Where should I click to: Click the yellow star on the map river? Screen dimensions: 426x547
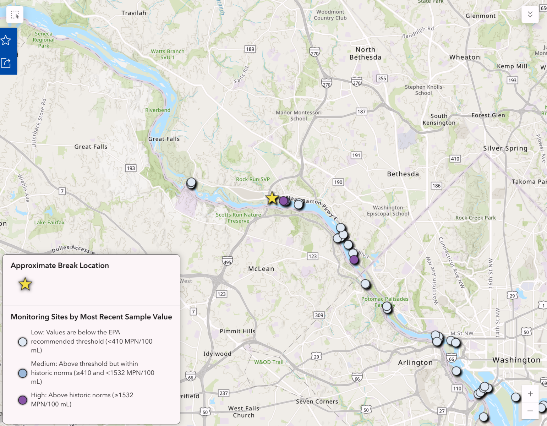pyautogui.click(x=272, y=198)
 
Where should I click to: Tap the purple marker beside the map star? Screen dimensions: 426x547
pyautogui.click(x=283, y=201)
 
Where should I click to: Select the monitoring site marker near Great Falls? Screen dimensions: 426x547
pyautogui.click(x=191, y=183)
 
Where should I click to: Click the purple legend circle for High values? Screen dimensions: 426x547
pyautogui.click(x=23, y=400)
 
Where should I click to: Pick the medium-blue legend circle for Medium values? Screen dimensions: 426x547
pyautogui.click(x=23, y=373)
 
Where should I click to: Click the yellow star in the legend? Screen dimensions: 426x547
pyautogui.click(x=25, y=284)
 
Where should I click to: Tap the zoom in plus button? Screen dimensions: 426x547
pyautogui.click(x=530, y=394)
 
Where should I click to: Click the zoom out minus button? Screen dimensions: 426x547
pyautogui.click(x=530, y=411)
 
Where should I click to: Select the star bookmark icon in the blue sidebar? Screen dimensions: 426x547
pyautogui.click(x=6, y=40)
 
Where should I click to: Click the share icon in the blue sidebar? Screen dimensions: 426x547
pyautogui.click(x=6, y=63)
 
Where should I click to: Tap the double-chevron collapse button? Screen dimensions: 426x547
pyautogui.click(x=530, y=14)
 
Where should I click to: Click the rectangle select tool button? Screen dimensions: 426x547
pyautogui.click(x=15, y=15)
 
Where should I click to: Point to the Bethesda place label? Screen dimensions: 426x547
pyautogui.click(x=403, y=174)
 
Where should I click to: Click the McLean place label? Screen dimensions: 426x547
pyautogui.click(x=261, y=269)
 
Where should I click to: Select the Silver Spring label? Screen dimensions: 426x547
pyautogui.click(x=505, y=148)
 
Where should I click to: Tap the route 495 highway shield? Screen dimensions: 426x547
pyautogui.click(x=227, y=262)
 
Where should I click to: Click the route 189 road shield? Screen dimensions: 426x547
pyautogui.click(x=250, y=49)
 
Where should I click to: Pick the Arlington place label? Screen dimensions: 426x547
pyautogui.click(x=415, y=362)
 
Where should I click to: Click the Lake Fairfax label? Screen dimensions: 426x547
pyautogui.click(x=49, y=223)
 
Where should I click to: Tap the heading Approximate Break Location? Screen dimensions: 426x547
pyautogui.click(x=60, y=266)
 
